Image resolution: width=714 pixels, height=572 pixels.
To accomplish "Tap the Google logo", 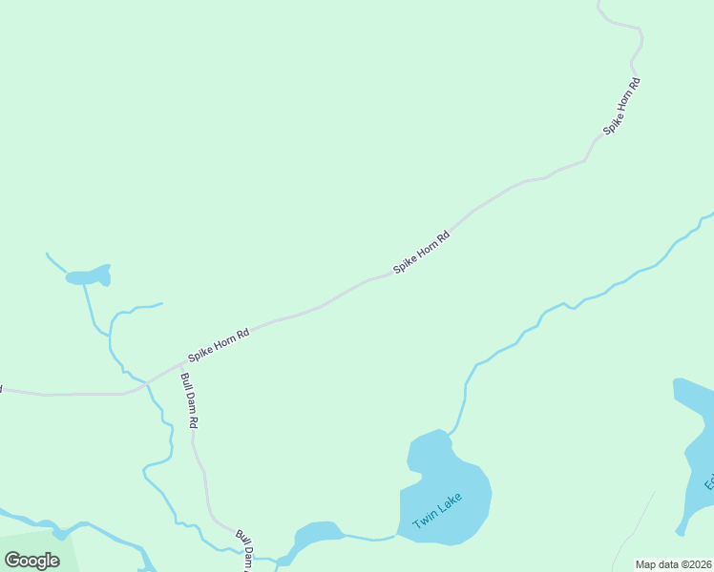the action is click(x=31, y=560).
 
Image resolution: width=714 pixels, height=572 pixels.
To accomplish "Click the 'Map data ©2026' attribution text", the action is click(x=674, y=564).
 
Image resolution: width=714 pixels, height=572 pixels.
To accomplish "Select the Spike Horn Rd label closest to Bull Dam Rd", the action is click(x=219, y=344).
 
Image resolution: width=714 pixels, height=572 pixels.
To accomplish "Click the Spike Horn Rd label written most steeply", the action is click(x=620, y=105).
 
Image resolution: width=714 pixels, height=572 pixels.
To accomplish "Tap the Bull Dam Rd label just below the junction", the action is click(x=189, y=399).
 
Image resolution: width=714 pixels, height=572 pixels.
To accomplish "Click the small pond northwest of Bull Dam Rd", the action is click(x=89, y=276).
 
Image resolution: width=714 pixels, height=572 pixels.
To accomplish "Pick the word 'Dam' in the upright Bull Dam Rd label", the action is click(x=189, y=400).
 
